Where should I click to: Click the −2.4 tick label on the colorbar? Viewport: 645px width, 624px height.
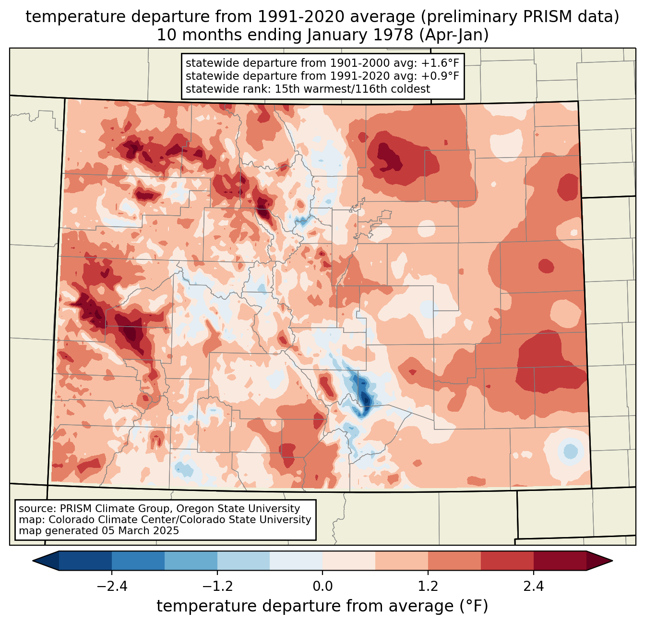tap(112, 587)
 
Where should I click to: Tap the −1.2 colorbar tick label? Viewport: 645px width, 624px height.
tap(217, 587)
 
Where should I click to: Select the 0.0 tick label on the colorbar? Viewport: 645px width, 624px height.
tap(322, 587)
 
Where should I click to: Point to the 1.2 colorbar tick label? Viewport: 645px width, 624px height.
tap(428, 587)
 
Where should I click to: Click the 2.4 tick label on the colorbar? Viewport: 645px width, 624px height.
tap(533, 587)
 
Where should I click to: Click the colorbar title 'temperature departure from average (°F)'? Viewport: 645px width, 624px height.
tap(322, 606)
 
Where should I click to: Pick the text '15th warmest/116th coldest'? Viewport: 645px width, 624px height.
tap(352, 89)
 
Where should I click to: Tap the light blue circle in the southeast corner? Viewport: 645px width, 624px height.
tap(570, 452)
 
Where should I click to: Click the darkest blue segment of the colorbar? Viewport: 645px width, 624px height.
tap(85, 561)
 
